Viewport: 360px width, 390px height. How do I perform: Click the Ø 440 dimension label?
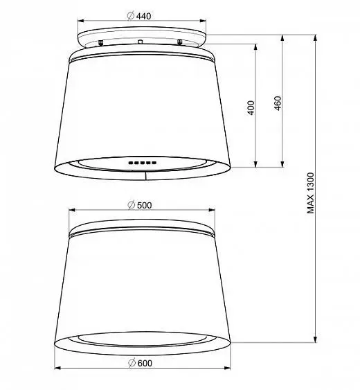139,16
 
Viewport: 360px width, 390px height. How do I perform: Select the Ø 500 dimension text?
139,205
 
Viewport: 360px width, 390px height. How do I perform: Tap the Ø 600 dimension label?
140,363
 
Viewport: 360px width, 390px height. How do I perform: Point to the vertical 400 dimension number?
251,107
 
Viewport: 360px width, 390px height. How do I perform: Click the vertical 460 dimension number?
278,103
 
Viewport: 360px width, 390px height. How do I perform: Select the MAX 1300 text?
311,193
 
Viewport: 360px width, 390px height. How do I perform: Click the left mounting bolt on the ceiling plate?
100,42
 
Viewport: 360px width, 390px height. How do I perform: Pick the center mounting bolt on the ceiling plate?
141,41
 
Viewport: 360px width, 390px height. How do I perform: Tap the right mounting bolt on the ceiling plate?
180,42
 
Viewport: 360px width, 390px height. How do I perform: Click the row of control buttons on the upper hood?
143,163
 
